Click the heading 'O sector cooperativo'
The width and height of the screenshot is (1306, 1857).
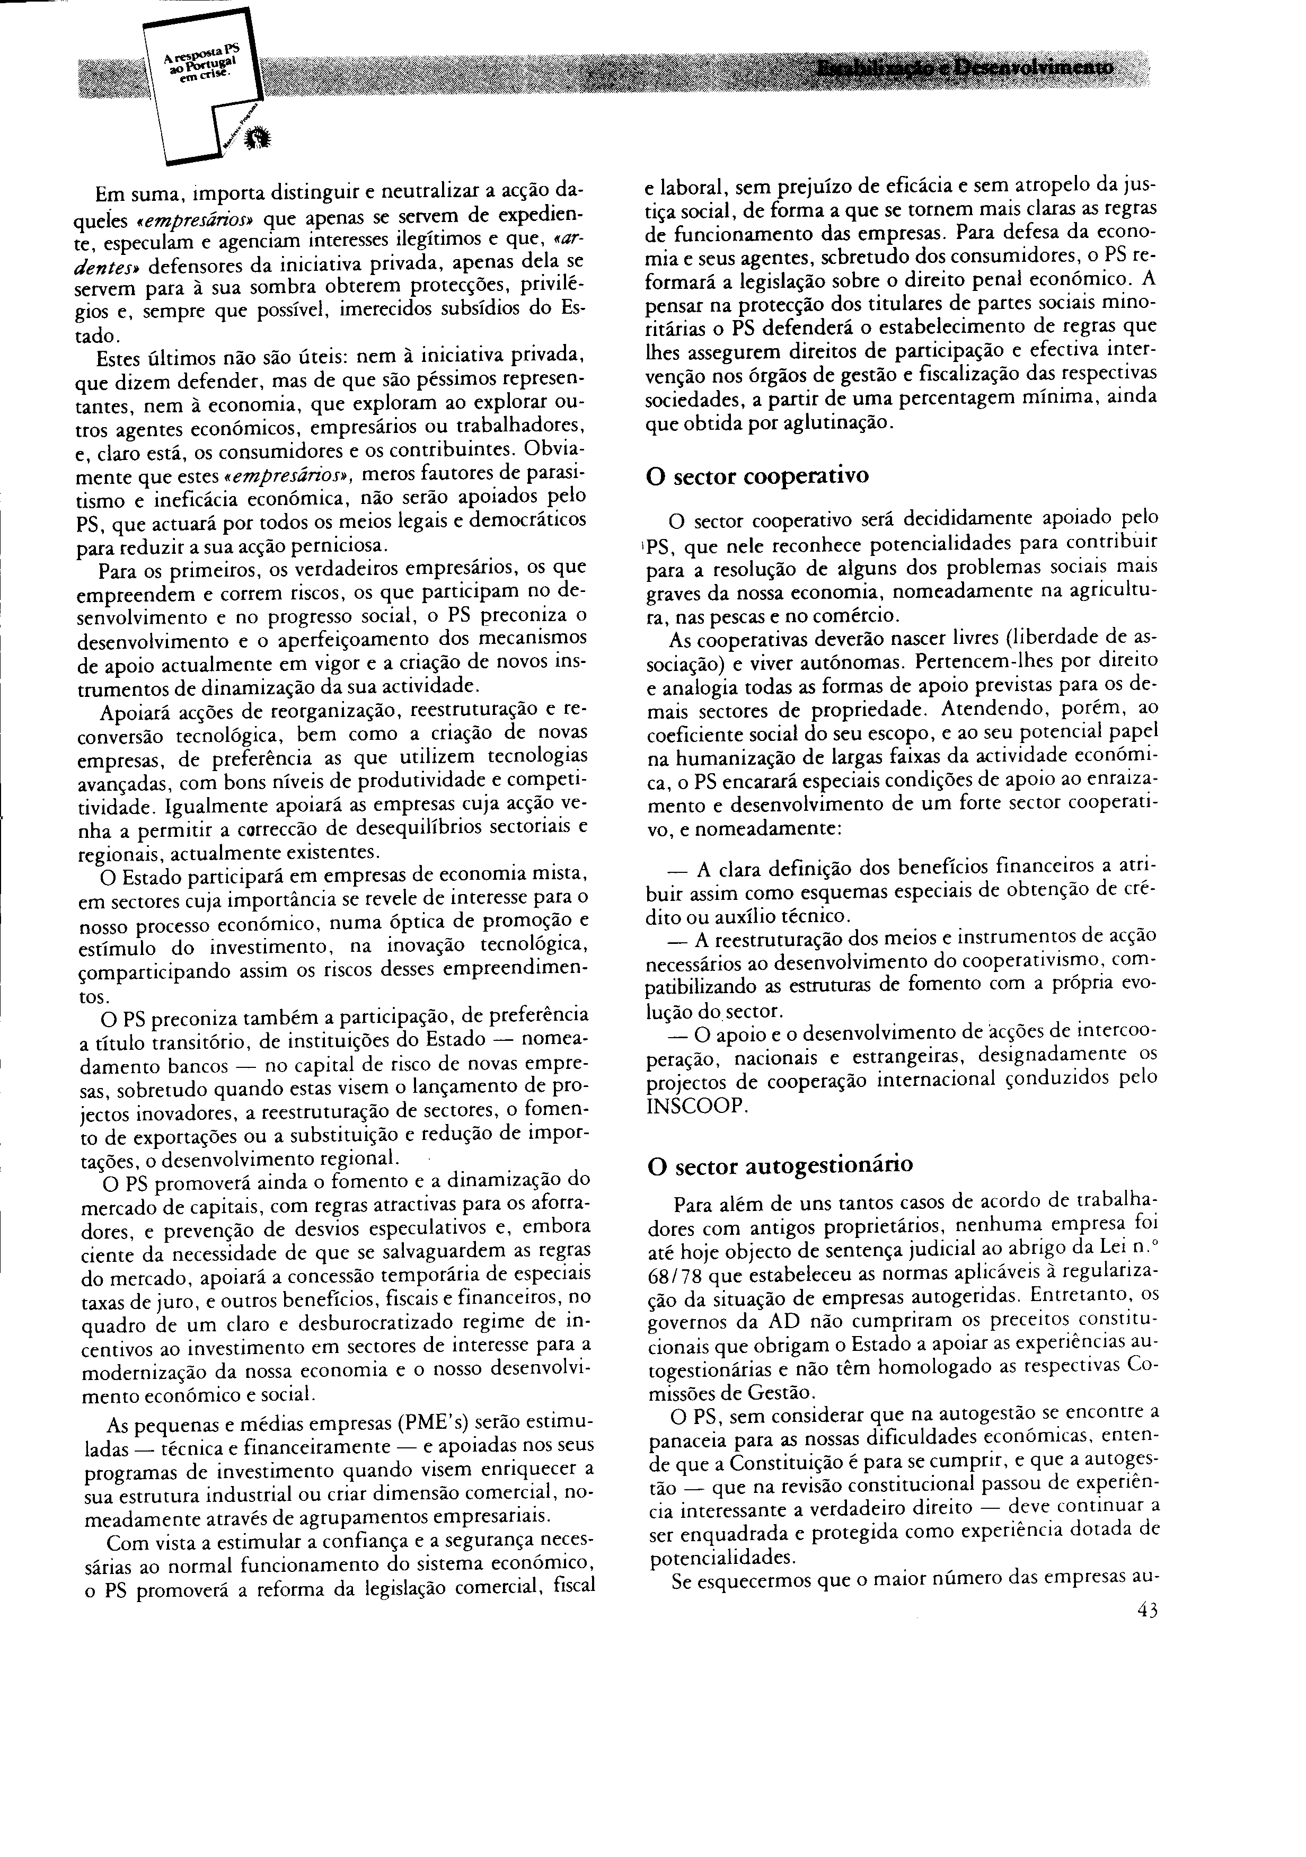click(757, 475)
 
